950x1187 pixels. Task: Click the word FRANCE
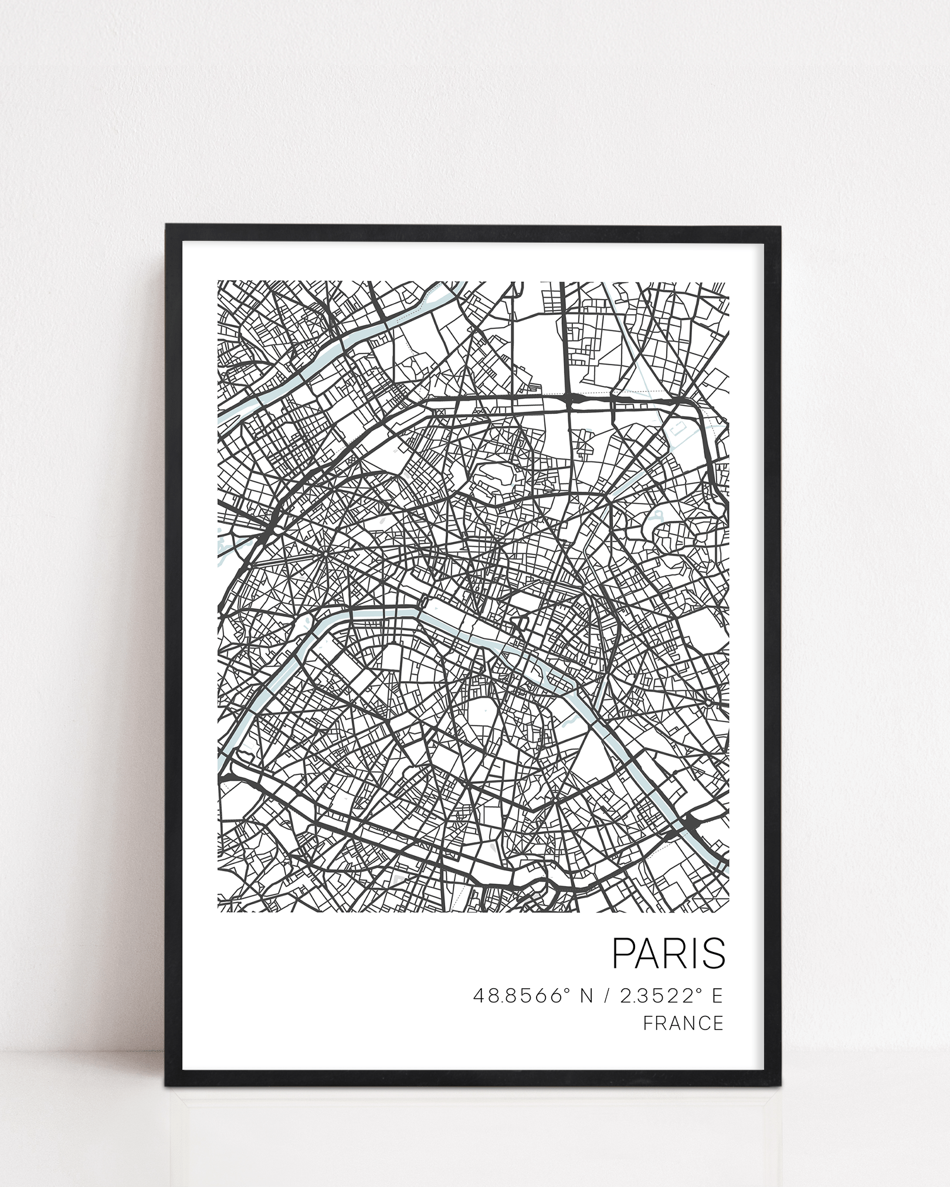(x=683, y=1023)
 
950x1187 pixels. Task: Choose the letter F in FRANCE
(x=648, y=1023)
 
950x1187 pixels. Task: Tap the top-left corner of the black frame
(x=167, y=225)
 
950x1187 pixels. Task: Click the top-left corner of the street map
(x=218, y=282)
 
